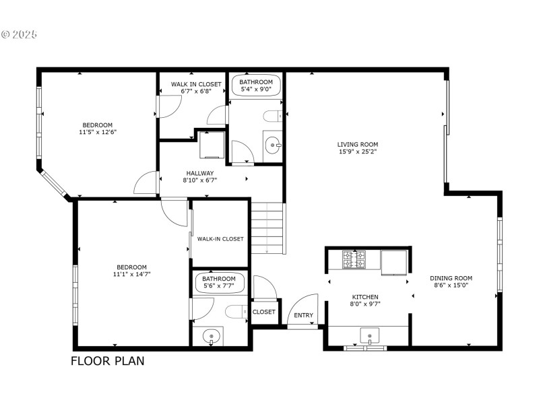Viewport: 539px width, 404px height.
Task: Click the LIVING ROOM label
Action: (358, 144)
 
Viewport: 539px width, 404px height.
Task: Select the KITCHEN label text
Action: (365, 297)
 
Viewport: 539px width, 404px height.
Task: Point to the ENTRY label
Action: (303, 316)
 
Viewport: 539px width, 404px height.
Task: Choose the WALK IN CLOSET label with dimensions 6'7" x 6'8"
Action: (195, 84)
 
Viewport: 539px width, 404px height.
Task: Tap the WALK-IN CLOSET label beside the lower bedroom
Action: (220, 239)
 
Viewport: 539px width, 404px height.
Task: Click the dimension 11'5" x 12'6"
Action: (97, 132)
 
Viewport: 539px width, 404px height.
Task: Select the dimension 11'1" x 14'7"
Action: (131, 275)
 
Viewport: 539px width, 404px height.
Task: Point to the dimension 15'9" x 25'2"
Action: (358, 151)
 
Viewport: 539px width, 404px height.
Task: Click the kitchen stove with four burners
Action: (354, 260)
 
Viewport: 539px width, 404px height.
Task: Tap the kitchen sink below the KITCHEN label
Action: (369, 335)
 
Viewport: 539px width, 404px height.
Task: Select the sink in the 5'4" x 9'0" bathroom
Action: (273, 143)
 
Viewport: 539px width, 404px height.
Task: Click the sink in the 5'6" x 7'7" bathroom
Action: (212, 335)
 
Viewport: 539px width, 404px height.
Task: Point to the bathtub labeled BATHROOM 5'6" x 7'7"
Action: (219, 282)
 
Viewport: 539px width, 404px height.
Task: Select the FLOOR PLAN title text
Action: (108, 361)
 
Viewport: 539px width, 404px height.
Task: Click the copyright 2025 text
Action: (20, 34)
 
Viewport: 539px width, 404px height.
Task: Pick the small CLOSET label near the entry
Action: (263, 312)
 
